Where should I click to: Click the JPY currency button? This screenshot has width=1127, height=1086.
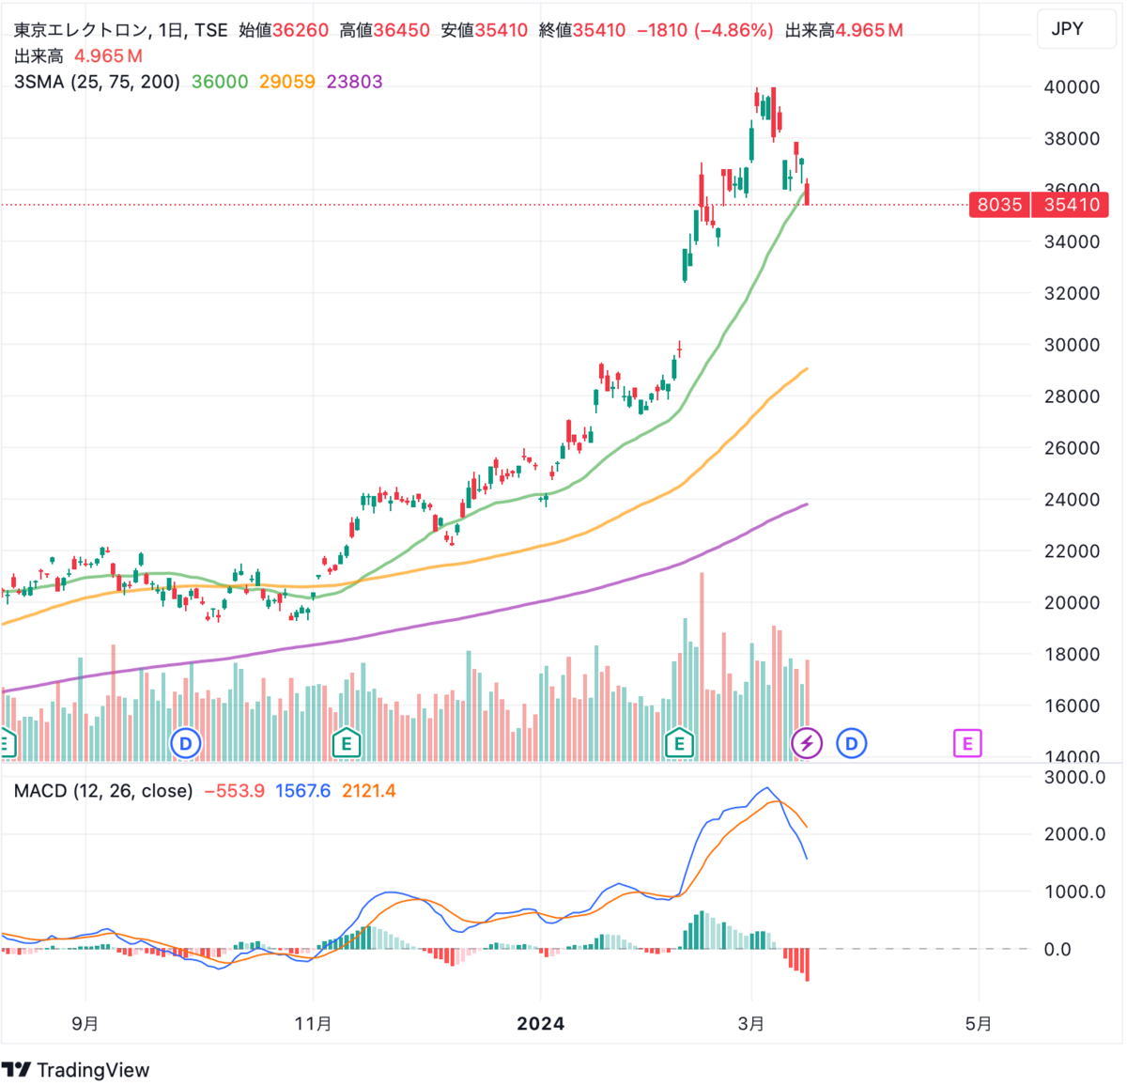1067,29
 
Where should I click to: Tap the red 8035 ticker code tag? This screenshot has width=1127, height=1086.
999,205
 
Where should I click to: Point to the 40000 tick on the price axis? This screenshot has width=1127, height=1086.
1072,87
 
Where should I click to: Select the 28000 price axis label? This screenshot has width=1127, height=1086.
1072,396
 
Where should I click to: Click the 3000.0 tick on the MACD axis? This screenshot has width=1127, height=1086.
1074,777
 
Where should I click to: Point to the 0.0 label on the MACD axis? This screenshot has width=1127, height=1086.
1058,950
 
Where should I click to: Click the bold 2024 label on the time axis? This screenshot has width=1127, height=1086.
541,1023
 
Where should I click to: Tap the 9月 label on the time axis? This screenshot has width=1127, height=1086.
85,1023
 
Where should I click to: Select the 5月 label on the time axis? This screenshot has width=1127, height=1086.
979,1023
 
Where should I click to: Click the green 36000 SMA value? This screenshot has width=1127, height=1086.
220,82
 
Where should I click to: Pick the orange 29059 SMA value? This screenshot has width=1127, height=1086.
287,82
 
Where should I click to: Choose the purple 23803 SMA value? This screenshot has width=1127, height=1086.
355,82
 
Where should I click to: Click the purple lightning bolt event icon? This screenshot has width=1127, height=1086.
807,744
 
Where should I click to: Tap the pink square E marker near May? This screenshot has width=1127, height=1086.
967,744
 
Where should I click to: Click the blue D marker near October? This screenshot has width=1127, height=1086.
186,744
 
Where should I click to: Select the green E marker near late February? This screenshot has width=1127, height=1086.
679,744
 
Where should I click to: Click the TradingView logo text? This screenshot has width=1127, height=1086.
92,1070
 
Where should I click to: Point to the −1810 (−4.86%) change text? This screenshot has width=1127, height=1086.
705,30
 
